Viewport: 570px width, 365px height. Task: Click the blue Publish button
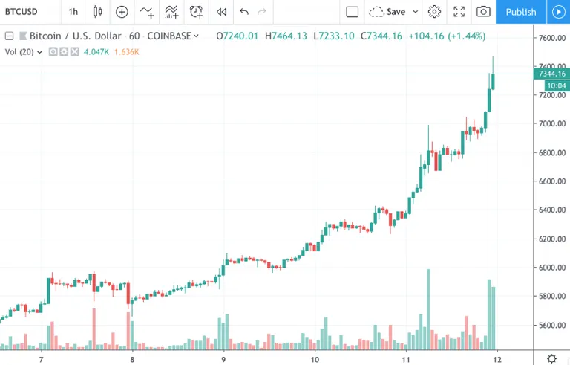pos(520,12)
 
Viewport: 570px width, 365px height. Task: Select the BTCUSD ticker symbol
pos(21,12)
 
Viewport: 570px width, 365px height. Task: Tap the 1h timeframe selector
pos(73,12)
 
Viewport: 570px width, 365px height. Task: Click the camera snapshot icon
pos(483,12)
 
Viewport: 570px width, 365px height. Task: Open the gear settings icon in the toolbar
pos(434,12)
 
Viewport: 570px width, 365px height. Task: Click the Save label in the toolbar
pos(396,12)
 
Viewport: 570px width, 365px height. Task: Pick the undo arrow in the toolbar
pos(244,12)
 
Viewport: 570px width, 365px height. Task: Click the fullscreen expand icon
pos(459,12)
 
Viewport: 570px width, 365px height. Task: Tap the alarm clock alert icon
pos(196,12)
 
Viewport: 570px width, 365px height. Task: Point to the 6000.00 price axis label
pos(552,268)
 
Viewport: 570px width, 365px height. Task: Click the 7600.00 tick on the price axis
pos(552,38)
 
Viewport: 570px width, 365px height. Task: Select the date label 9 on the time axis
pos(223,360)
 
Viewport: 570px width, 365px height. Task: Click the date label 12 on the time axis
pos(497,360)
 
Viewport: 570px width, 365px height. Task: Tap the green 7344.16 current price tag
pos(551,74)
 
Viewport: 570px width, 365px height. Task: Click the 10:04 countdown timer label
pos(557,86)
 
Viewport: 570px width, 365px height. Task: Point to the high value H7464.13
pos(286,36)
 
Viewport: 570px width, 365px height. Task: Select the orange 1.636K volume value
pos(126,52)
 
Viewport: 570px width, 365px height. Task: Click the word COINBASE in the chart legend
pos(169,36)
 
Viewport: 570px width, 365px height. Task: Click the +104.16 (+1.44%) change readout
pos(447,36)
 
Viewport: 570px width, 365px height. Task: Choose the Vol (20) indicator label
pos(19,52)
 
